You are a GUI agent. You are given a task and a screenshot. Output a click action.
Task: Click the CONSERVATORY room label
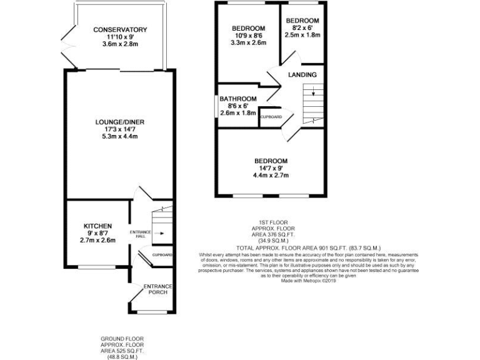tap(120, 29)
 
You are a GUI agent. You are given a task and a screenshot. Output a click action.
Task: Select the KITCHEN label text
tap(97, 226)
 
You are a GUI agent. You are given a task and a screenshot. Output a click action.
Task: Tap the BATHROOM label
tap(237, 99)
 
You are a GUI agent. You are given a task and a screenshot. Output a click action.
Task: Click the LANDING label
tap(302, 75)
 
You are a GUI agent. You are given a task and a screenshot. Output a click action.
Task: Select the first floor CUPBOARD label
tap(270, 117)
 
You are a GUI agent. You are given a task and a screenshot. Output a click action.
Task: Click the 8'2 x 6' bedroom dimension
tap(302, 28)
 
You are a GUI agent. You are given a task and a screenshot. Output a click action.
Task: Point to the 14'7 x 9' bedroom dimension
tap(271, 168)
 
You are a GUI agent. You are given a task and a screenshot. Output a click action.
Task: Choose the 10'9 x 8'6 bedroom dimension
tap(248, 36)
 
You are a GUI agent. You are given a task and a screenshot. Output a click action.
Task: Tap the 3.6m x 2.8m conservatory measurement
tap(120, 44)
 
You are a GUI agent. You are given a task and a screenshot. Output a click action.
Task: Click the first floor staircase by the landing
tap(312, 103)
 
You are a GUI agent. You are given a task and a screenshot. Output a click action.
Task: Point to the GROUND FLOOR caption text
tap(122, 338)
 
